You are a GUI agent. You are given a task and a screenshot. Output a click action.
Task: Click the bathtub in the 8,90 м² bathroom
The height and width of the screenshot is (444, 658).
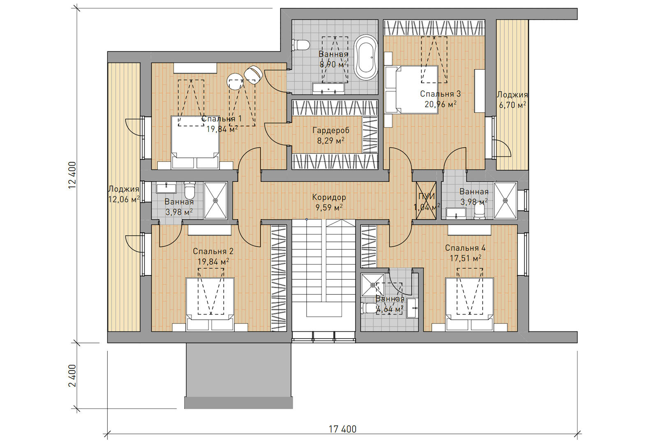pyautogui.click(x=366, y=58)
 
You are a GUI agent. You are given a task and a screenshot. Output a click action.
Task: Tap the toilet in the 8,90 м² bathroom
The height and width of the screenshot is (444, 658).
pyautogui.click(x=301, y=45)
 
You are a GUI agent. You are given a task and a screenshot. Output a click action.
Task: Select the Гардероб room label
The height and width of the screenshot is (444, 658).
pyautogui.click(x=331, y=130)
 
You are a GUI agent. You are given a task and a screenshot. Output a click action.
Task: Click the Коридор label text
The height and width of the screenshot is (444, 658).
pyautogui.click(x=329, y=197)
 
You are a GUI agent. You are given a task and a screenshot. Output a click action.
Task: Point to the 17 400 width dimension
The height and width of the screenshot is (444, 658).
pyautogui.click(x=343, y=429)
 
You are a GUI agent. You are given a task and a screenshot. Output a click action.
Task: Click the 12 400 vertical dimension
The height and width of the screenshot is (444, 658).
pyautogui.click(x=72, y=175)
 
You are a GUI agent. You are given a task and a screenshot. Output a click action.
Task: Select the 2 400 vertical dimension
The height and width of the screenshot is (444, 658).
pyautogui.click(x=72, y=376)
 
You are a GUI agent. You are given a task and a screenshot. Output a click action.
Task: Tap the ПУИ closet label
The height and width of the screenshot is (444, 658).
pyautogui.click(x=426, y=197)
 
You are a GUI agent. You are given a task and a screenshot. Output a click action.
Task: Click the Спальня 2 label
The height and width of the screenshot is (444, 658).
pyautogui.click(x=213, y=251)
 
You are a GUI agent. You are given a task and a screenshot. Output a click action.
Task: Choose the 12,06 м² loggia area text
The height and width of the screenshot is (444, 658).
pyautogui.click(x=124, y=199)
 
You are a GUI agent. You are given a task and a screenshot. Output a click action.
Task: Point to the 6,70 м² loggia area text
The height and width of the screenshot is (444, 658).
pyautogui.click(x=512, y=105)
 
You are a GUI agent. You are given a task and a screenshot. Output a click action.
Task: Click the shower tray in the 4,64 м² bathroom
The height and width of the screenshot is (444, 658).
pyautogui.click(x=373, y=285)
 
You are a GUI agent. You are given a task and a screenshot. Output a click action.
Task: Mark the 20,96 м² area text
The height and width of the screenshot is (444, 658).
pyautogui.click(x=440, y=104)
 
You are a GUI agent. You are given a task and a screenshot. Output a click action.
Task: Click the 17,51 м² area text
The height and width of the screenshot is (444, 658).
pyautogui.click(x=466, y=259)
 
